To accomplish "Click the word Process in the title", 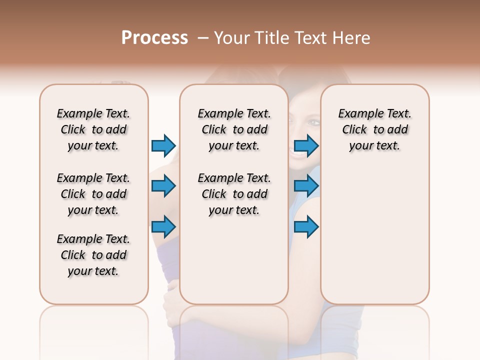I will [154, 38].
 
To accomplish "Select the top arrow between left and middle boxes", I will [163, 145].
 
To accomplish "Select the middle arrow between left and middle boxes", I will [163, 186].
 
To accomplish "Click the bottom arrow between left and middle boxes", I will [163, 226].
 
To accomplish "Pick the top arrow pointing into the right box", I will [306, 145].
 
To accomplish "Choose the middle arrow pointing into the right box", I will [306, 186].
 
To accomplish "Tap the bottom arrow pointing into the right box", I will [306, 226].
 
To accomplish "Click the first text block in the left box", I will [93, 129].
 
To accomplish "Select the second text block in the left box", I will [93, 194].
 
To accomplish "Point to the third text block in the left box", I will [93, 255].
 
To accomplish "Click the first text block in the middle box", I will [234, 129].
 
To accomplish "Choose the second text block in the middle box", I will [234, 194].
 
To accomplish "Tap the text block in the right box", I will [374, 129].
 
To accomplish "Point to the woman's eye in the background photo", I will [312, 122].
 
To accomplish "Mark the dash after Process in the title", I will [203, 38].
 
